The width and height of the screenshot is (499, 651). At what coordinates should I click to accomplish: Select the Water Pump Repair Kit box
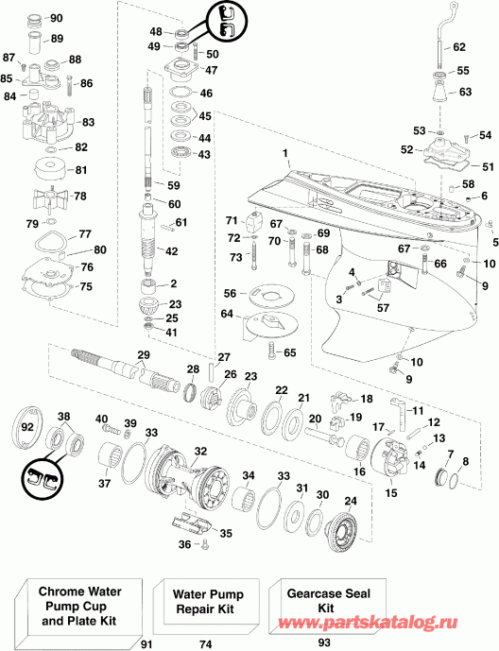tap(206, 601)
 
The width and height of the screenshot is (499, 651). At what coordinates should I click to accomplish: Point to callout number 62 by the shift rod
tap(459, 46)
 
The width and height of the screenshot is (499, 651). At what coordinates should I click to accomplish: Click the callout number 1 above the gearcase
tap(283, 153)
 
